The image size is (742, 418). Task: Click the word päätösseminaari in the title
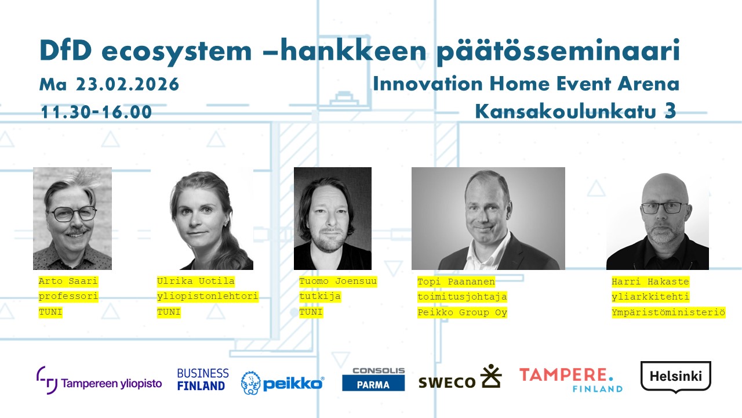pyautogui.click(x=558, y=52)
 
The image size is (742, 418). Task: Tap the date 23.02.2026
pyautogui.click(x=128, y=84)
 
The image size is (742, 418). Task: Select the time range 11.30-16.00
pyautogui.click(x=96, y=112)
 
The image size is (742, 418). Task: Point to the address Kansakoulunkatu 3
pyautogui.click(x=576, y=111)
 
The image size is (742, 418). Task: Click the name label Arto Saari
pyautogui.click(x=68, y=282)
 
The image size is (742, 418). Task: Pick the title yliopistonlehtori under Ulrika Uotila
pyautogui.click(x=208, y=296)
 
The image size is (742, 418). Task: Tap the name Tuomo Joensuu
pyautogui.click(x=338, y=282)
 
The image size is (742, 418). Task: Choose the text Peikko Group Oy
pyautogui.click(x=462, y=312)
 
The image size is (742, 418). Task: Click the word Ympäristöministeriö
pyautogui.click(x=668, y=312)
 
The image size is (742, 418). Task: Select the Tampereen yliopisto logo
pyautogui.click(x=99, y=380)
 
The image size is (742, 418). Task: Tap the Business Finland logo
pyautogui.click(x=203, y=380)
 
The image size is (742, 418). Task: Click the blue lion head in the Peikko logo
pyautogui.click(x=250, y=383)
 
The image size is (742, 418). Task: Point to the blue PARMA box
pyautogui.click(x=373, y=384)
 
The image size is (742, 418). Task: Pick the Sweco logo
pyautogui.click(x=460, y=377)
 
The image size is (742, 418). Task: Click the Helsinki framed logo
pyautogui.click(x=676, y=377)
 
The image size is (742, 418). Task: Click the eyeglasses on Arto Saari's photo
pyautogui.click(x=73, y=213)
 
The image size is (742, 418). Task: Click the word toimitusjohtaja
pyautogui.click(x=462, y=297)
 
